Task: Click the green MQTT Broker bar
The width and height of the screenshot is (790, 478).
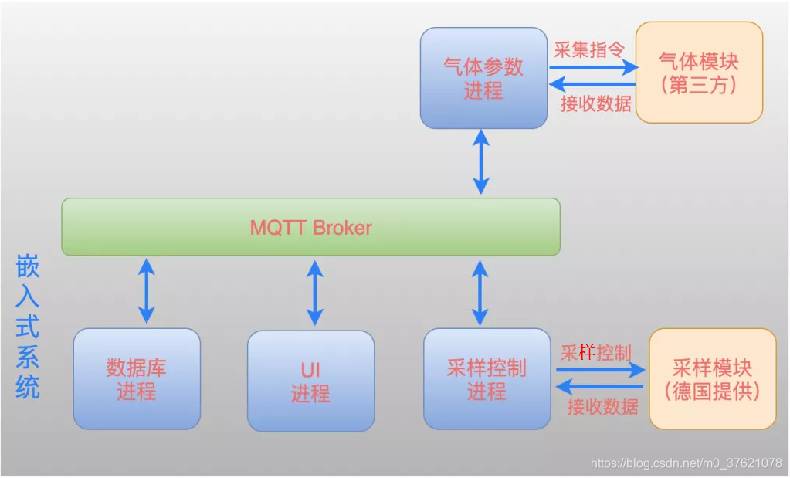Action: coord(310,227)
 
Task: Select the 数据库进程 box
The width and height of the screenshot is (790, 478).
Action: coord(137,378)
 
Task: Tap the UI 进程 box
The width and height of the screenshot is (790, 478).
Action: coord(310,381)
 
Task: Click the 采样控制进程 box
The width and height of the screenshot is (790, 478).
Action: coord(487,378)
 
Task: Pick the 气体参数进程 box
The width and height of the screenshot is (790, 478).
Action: coord(483,78)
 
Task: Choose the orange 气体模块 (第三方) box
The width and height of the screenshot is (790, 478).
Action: coord(699,72)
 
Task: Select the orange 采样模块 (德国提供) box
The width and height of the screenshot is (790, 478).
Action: coord(712,378)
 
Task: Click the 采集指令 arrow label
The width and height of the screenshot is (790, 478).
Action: coord(589,49)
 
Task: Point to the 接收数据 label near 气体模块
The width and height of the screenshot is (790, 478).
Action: coord(595,103)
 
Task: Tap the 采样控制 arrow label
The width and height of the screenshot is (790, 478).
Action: coord(596,353)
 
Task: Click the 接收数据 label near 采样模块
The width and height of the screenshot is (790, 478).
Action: coord(602,406)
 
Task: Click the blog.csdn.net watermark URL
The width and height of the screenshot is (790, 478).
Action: coord(686,463)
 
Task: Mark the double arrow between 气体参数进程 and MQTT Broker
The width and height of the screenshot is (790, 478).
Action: coord(481,163)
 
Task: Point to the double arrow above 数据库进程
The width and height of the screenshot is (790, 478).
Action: coord(146,290)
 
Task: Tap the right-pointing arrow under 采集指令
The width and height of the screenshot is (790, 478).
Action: coord(592,67)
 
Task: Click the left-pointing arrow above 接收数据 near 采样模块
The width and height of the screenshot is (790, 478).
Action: coord(599,386)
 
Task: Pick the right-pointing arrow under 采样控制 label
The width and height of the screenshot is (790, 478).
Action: coord(599,370)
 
